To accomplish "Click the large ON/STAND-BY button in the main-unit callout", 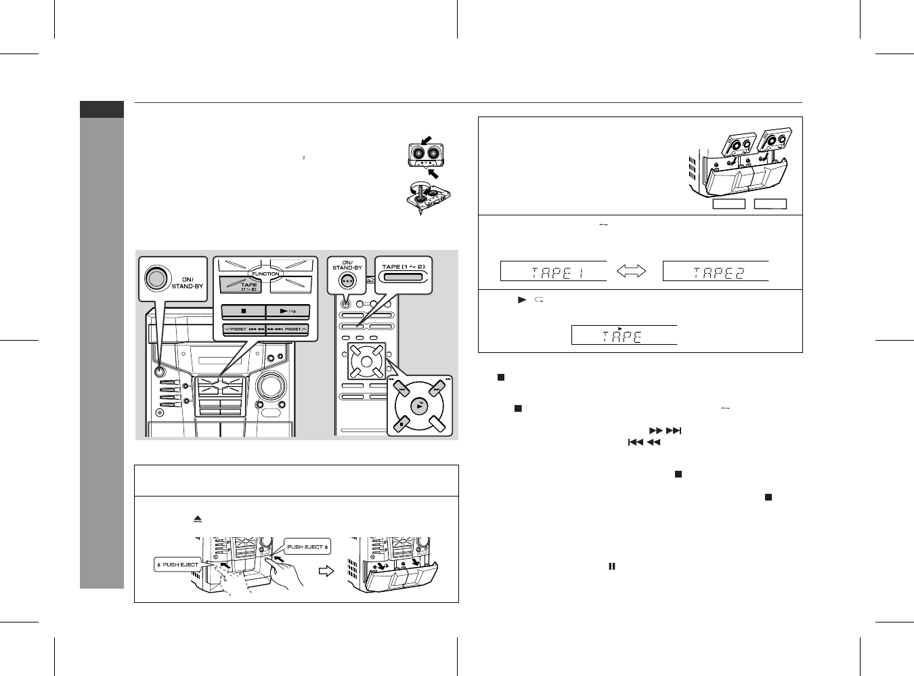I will tap(155, 278).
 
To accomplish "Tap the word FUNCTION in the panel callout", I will tap(265, 274).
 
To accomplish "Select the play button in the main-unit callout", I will tap(288, 312).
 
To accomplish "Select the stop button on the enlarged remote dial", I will tap(401, 423).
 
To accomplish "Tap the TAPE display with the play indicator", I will tap(624, 335).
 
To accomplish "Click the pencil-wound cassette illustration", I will tap(425, 197).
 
